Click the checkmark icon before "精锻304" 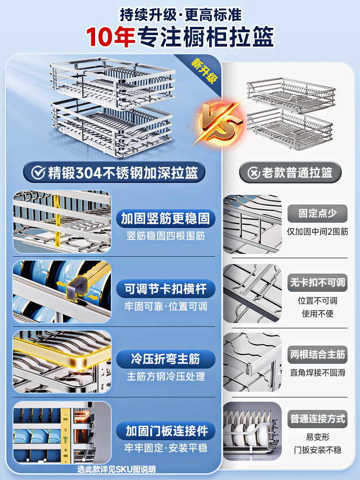click(38, 173)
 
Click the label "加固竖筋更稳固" click(165, 219)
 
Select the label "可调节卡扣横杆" click(165, 289)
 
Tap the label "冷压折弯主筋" click(165, 359)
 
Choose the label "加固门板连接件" click(165, 430)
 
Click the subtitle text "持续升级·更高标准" click(180, 14)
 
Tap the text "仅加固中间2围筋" click(317, 231)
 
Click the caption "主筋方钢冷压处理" click(166, 377)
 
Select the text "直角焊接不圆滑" click(317, 372)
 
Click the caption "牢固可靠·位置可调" click(166, 306)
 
